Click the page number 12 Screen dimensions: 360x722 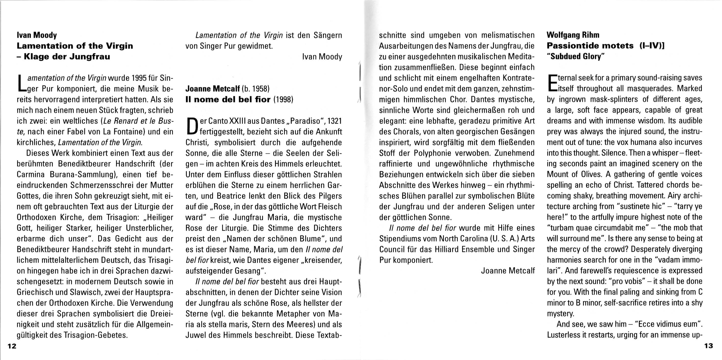[x=12, y=346]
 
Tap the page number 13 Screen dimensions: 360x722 [x=708, y=346]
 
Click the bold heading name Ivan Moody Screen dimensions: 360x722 [x=37, y=35]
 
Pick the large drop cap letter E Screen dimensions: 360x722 [x=552, y=83]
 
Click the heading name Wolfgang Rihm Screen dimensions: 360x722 [x=573, y=35]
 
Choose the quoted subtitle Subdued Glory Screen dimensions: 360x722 [x=576, y=57]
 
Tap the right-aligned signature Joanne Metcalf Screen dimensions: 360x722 [x=508, y=271]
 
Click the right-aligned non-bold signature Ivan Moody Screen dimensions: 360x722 [x=322, y=57]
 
